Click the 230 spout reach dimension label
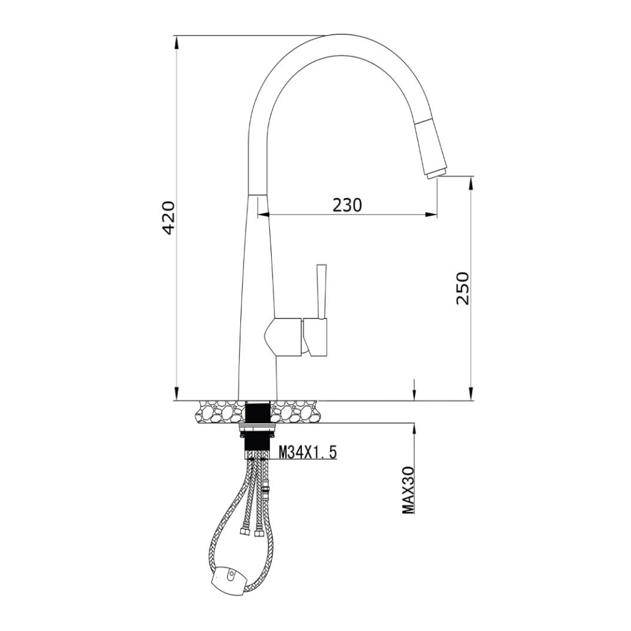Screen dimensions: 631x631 [x=347, y=205]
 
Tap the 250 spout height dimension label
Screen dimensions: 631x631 [x=463, y=288]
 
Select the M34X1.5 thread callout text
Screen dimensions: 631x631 [x=308, y=453]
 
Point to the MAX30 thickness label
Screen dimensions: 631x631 [x=409, y=491]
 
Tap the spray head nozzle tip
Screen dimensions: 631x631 [x=436, y=173]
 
